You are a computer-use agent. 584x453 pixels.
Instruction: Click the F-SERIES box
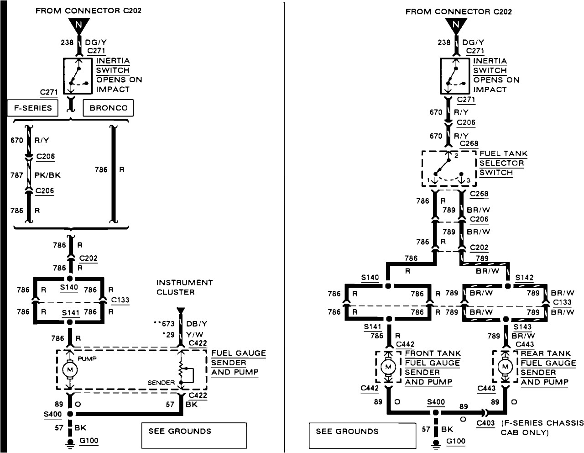(33, 108)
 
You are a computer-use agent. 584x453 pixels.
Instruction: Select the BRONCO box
(108, 108)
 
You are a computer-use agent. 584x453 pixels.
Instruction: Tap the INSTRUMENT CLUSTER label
(184, 287)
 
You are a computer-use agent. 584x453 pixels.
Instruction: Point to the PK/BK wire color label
(47, 175)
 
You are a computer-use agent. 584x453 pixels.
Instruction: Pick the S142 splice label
(524, 278)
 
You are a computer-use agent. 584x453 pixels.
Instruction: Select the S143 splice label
(522, 327)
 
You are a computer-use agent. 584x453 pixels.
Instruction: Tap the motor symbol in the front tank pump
(389, 367)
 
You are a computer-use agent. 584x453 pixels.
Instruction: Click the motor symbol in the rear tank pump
(505, 367)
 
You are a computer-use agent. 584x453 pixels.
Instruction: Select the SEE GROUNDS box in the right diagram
(362, 435)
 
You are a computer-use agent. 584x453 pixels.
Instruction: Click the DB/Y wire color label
(198, 323)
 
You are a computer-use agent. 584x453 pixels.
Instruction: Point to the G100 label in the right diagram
(456, 441)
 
